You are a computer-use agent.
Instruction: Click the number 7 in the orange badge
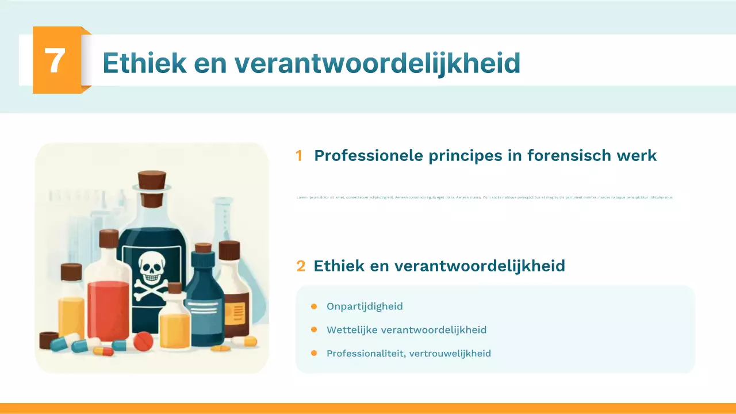(55, 60)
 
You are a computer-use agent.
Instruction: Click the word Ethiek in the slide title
(144, 63)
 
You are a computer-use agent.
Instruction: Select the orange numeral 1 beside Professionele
(298, 156)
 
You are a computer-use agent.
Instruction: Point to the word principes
(463, 156)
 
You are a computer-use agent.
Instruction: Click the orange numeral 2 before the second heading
(301, 266)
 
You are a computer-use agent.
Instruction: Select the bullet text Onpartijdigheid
(365, 306)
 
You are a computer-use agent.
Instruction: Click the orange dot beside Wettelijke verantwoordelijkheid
(314, 329)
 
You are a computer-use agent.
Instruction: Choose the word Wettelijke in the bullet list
(351, 329)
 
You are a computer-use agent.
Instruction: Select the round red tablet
(143, 342)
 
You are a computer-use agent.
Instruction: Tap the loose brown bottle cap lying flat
(48, 339)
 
